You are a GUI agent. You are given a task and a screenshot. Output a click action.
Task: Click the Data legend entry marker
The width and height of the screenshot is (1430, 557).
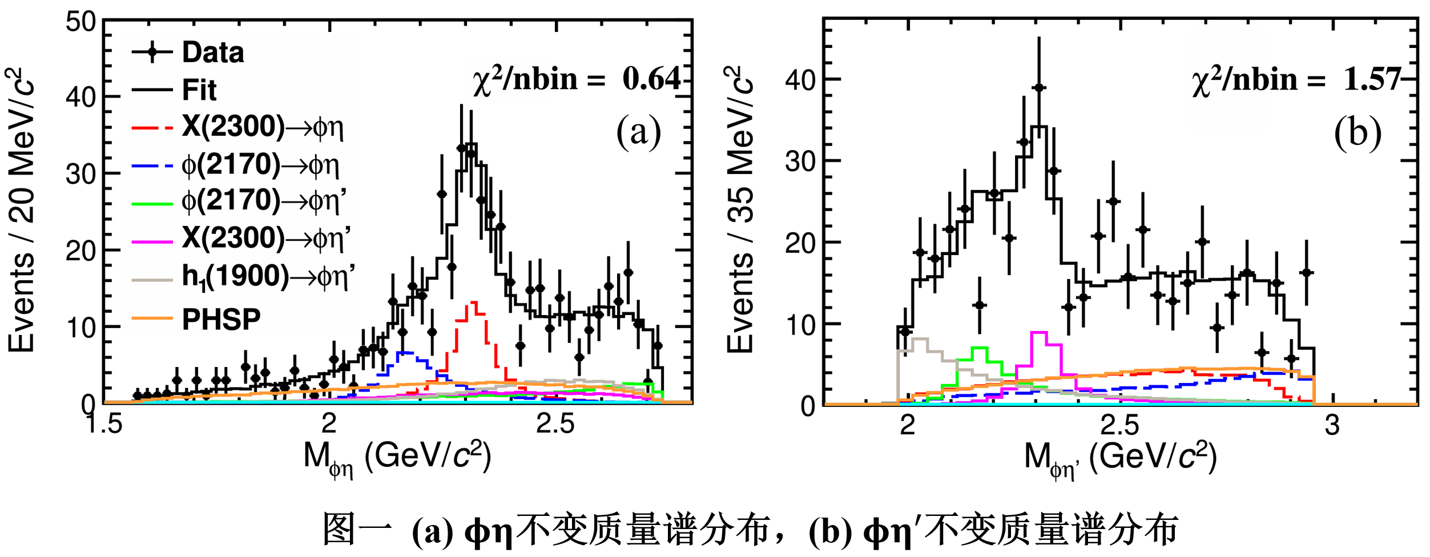pyautogui.click(x=152, y=53)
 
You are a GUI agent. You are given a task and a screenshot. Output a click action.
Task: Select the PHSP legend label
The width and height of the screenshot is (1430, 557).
pyautogui.click(x=221, y=319)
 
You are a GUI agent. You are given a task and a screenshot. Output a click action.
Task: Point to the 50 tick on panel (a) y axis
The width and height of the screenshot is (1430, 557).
pyautogui.click(x=80, y=22)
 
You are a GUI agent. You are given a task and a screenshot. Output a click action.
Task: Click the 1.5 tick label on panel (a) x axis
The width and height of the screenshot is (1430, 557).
pyautogui.click(x=104, y=423)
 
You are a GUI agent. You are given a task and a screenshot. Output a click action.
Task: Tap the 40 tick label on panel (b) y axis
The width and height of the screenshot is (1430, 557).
pyautogui.click(x=800, y=79)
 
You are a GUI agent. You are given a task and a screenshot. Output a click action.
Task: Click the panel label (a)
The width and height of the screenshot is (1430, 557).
pyautogui.click(x=638, y=131)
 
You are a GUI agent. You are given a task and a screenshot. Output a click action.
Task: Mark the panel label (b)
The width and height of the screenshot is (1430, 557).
pyautogui.click(x=1358, y=132)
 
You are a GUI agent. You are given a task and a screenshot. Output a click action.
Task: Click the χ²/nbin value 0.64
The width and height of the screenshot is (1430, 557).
pyautogui.click(x=651, y=79)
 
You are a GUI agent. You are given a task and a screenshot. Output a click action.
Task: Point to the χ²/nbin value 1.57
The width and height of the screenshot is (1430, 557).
pyautogui.click(x=1372, y=79)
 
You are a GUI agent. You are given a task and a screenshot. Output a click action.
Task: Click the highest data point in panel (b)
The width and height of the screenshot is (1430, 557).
pyautogui.click(x=1039, y=87)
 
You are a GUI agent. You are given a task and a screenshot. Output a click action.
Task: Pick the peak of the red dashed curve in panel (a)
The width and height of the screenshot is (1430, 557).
pyautogui.click(x=473, y=303)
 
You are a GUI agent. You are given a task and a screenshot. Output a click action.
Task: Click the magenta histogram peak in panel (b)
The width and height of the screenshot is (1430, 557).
pyautogui.click(x=1039, y=332)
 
